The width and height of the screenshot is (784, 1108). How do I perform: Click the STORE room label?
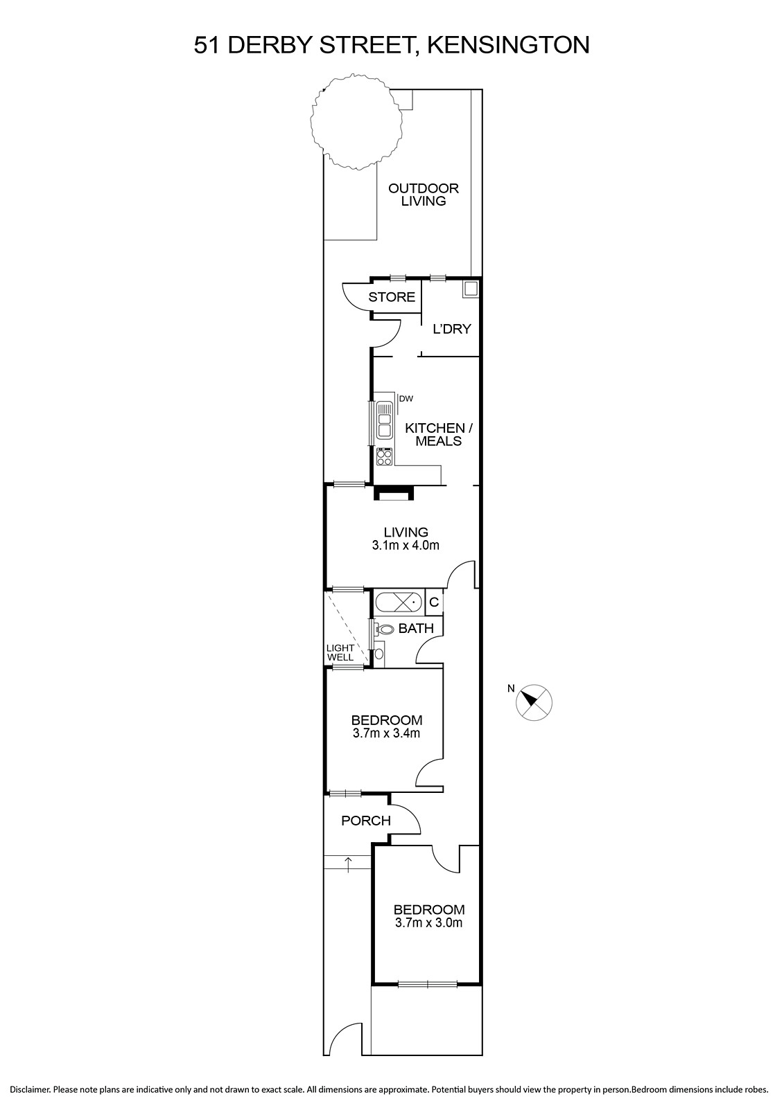(391, 297)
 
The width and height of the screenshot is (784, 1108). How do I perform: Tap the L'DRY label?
(452, 329)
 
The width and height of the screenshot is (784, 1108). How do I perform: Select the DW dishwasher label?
(406, 398)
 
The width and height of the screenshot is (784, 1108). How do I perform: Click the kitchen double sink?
(384, 420)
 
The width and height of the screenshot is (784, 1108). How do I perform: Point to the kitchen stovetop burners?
(384, 456)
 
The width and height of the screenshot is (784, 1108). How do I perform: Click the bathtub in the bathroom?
(399, 602)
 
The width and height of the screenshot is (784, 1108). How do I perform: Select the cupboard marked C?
(434, 602)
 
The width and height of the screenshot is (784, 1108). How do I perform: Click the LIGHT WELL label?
(340, 652)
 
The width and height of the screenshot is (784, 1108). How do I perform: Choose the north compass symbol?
(534, 702)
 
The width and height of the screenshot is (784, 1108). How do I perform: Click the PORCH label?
(366, 821)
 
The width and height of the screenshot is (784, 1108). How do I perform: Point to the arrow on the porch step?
(349, 865)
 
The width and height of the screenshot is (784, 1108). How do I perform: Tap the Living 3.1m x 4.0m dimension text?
(406, 546)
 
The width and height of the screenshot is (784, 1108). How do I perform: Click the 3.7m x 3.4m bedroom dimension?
(386, 733)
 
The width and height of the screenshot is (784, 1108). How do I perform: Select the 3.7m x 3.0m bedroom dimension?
(429, 922)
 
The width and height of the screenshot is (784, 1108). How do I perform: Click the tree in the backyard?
(356, 120)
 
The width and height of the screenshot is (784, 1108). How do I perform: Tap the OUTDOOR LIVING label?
(424, 195)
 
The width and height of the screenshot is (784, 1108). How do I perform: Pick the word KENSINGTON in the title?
(508, 45)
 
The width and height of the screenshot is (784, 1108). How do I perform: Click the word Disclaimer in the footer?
(31, 1090)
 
